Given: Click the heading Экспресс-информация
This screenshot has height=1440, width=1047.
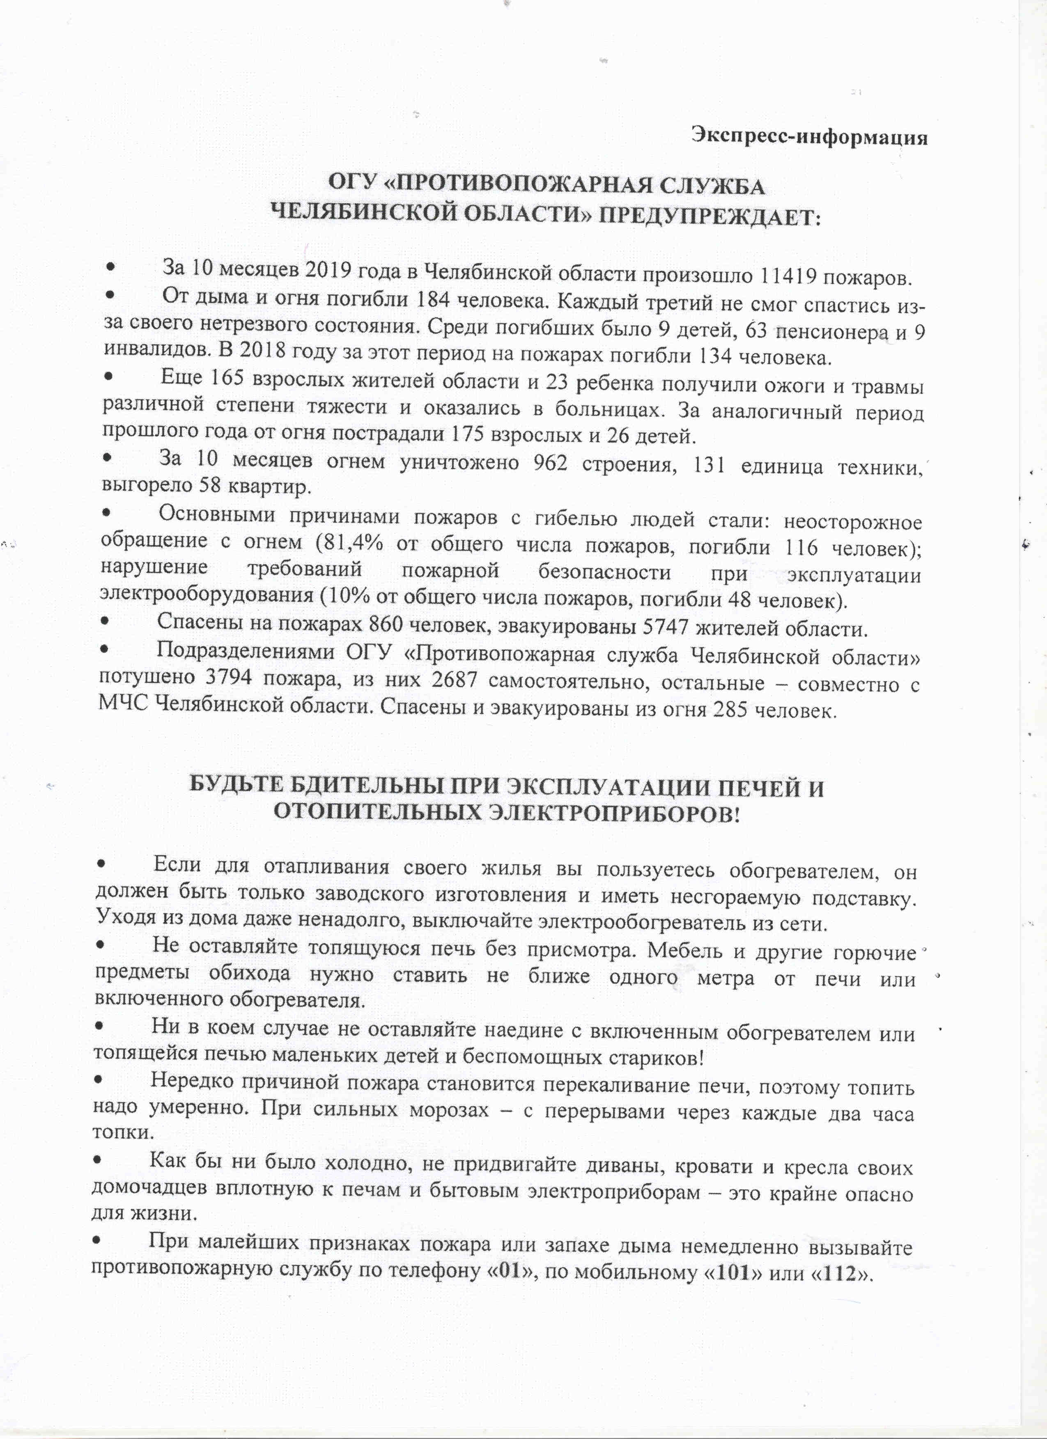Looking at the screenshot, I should (810, 136).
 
